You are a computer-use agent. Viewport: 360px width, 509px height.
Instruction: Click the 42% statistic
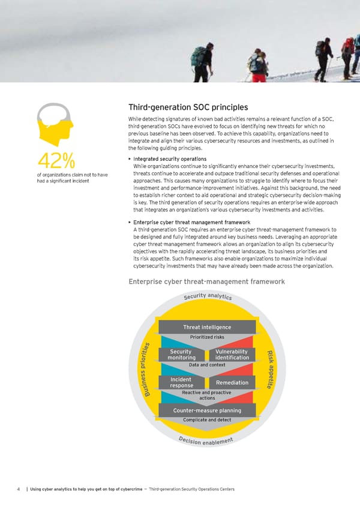click(x=56, y=160)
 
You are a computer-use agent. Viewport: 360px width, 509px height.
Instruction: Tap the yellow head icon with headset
click(x=56, y=123)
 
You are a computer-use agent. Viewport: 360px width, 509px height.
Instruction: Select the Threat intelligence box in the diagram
click(x=206, y=327)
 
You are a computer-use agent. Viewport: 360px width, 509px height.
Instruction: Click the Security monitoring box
click(x=181, y=355)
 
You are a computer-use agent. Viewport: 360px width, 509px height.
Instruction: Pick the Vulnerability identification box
click(x=232, y=355)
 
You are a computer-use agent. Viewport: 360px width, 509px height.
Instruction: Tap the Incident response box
click(x=181, y=382)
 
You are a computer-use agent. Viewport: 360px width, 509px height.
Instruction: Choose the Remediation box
click(x=232, y=382)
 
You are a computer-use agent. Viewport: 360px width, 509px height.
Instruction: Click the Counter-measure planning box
click(x=206, y=411)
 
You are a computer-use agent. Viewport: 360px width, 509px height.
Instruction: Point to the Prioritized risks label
click(x=206, y=337)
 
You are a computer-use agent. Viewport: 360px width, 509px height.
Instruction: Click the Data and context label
click(x=206, y=365)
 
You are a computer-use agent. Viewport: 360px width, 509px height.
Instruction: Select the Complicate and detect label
click(x=206, y=420)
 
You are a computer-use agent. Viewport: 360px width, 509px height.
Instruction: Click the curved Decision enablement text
click(x=206, y=443)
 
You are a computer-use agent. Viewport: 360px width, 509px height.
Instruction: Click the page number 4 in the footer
click(x=20, y=489)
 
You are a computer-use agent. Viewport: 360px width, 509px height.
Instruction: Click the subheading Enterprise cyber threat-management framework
click(x=207, y=282)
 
